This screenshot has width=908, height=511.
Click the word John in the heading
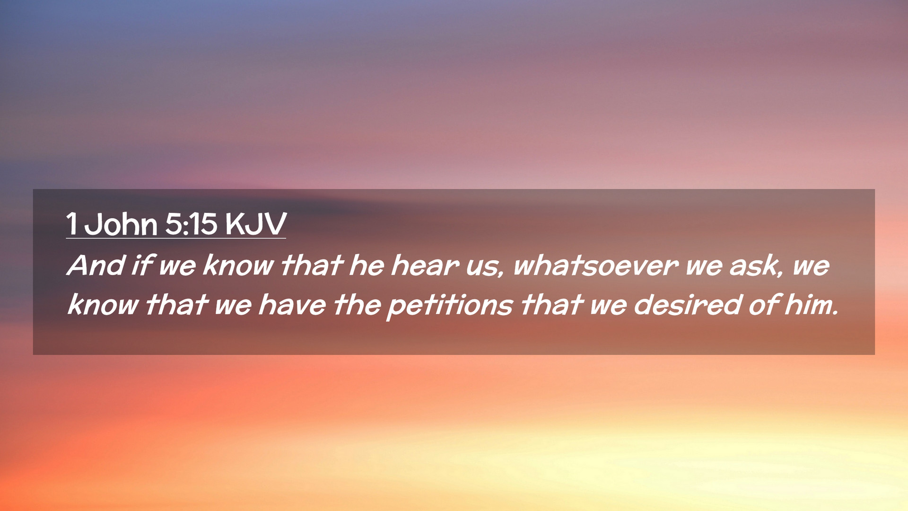121,224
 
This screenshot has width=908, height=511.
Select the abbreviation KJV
256,224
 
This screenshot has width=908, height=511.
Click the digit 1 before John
71,224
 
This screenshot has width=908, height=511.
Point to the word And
96,265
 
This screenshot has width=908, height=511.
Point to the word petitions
450,306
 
